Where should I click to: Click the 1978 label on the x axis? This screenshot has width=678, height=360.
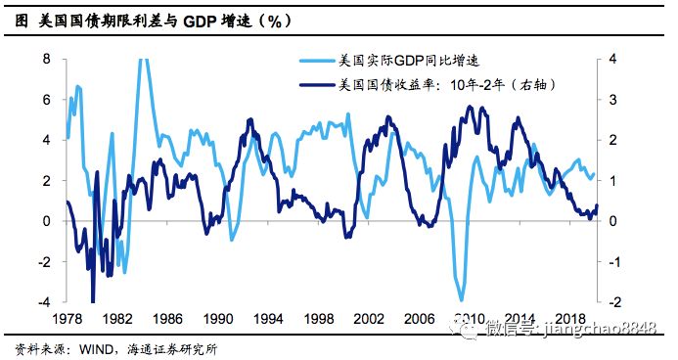click(x=68, y=319)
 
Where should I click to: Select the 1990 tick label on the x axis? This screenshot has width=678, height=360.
click(x=218, y=319)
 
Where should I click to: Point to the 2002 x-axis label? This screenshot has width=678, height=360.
click(x=369, y=319)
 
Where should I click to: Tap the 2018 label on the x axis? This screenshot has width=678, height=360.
click(x=570, y=319)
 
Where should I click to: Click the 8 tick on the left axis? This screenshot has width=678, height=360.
click(x=47, y=59)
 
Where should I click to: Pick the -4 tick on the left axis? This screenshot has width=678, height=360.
click(x=44, y=301)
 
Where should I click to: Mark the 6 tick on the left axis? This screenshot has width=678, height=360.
click(x=47, y=100)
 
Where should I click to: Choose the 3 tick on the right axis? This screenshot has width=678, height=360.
click(x=612, y=100)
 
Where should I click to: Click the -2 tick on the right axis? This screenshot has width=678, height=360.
click(x=614, y=301)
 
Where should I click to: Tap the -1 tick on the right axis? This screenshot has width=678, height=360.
click(x=614, y=261)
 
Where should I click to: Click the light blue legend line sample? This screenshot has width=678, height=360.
click(x=318, y=61)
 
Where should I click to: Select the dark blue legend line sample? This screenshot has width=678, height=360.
click(x=318, y=85)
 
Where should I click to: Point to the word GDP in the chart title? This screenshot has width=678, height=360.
click(x=200, y=21)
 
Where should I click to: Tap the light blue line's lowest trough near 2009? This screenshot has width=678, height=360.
click(x=461, y=299)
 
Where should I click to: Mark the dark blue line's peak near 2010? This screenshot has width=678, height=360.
click(x=470, y=107)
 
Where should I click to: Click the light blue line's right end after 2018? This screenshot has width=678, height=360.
click(x=594, y=174)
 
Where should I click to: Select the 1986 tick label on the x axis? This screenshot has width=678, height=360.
click(x=167, y=319)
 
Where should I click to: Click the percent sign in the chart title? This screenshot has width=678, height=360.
click(x=275, y=21)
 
